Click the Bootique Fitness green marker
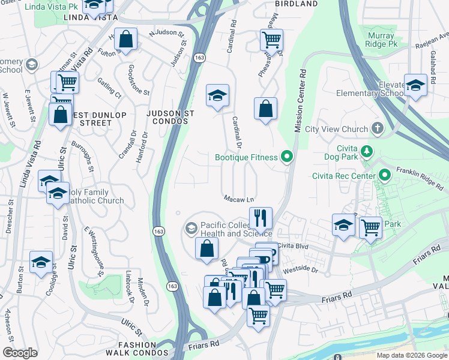click(x=287, y=158)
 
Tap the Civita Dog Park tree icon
click(x=364, y=148)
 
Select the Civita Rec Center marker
click(x=385, y=176)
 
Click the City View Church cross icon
click(x=377, y=128)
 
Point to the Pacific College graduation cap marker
click(x=191, y=228)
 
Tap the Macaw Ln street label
click(x=238, y=199)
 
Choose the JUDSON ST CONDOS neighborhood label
click(x=168, y=116)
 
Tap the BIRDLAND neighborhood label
click(x=296, y=4)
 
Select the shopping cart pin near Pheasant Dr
click(x=271, y=40)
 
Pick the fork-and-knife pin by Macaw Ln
click(x=261, y=217)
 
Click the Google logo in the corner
click(x=20, y=352)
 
